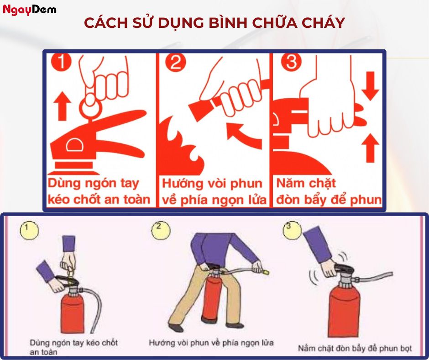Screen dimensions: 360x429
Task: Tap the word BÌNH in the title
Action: [221, 23]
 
